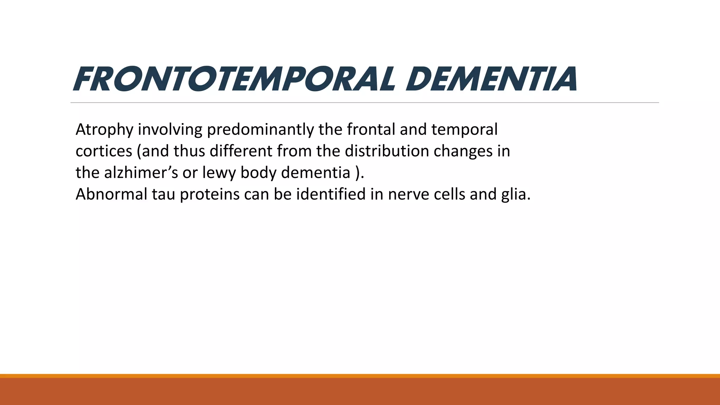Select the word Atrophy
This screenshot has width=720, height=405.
(x=104, y=130)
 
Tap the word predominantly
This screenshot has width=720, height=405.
(x=261, y=130)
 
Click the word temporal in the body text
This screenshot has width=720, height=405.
(x=464, y=130)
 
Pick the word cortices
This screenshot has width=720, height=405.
(x=104, y=151)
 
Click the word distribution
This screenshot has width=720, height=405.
(x=386, y=151)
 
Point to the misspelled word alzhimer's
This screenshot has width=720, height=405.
(x=141, y=173)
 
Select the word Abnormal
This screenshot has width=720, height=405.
(x=111, y=194)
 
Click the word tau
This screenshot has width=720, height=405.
(x=163, y=194)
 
